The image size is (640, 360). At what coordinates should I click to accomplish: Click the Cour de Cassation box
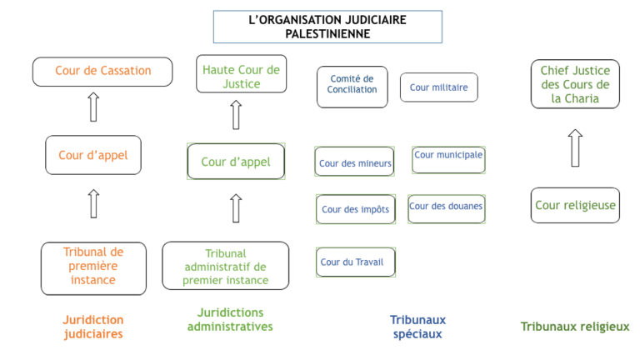[x=102, y=72]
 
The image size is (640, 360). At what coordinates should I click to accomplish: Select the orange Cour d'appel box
[x=93, y=155]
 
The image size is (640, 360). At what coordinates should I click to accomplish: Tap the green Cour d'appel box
[x=236, y=161]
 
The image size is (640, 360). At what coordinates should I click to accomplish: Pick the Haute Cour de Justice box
[x=241, y=74]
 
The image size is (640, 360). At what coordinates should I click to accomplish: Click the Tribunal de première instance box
[x=93, y=268]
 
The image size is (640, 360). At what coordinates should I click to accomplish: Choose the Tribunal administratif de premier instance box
[x=225, y=266]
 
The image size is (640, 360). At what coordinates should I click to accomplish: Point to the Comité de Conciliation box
[x=352, y=87]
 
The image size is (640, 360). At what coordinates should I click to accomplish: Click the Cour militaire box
[x=439, y=87]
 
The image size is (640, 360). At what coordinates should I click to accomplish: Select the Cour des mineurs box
[x=354, y=162]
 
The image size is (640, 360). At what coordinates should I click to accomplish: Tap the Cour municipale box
[x=448, y=160]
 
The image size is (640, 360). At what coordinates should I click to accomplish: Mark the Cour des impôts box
[x=356, y=209]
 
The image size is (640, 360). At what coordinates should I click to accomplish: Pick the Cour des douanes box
[x=447, y=209]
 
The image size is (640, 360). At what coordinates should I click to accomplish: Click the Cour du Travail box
[x=356, y=262]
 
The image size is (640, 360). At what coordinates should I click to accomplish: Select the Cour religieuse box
[x=575, y=205]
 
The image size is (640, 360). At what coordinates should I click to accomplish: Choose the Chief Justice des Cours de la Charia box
[x=575, y=84]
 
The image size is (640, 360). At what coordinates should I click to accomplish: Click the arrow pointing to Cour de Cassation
[x=93, y=107]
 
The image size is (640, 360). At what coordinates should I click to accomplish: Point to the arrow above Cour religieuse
[x=575, y=148]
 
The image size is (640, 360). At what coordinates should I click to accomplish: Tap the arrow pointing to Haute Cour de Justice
[x=236, y=115]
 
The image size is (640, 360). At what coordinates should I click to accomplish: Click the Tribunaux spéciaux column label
[x=417, y=327]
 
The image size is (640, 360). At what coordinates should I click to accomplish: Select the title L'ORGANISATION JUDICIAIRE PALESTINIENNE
[x=327, y=27]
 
